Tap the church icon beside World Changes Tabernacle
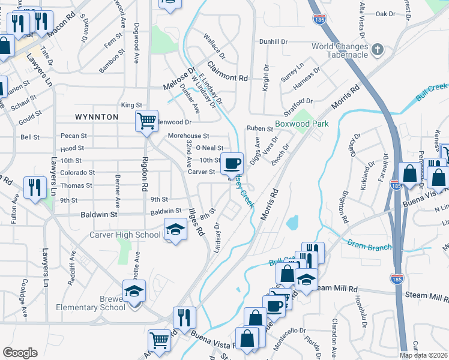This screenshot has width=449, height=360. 378,49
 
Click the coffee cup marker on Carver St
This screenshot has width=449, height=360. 232,163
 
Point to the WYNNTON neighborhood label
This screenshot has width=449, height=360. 97,117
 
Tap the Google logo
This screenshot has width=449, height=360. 20,353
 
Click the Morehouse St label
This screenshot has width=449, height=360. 188,136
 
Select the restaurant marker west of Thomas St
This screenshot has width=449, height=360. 32,187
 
